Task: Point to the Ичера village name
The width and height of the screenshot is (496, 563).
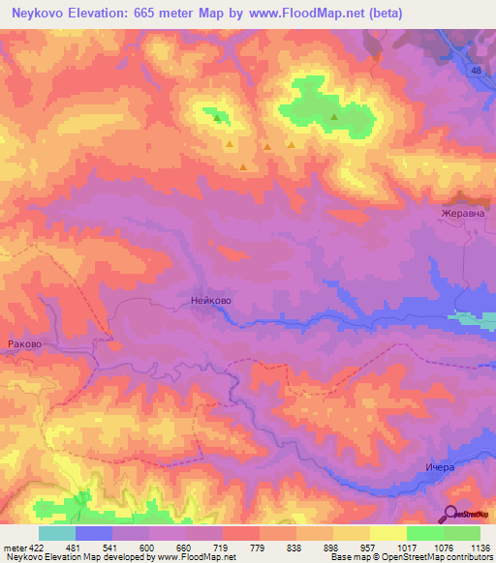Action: coord(439,467)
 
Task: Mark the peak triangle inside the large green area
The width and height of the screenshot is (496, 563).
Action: coord(334,118)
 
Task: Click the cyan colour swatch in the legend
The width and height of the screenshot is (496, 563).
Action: coord(57,533)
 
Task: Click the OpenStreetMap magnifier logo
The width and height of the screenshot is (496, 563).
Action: coord(451,515)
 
